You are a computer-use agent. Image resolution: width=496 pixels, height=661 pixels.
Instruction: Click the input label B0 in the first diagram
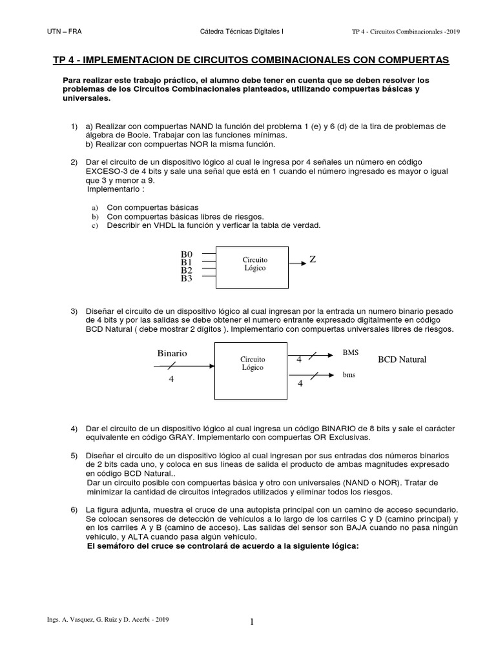coord(187,255)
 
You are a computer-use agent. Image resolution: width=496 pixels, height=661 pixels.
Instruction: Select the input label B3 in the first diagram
coord(187,279)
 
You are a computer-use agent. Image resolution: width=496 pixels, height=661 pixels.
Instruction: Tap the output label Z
coord(313,259)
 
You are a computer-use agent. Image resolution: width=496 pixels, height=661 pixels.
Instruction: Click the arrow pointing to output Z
coord(296,263)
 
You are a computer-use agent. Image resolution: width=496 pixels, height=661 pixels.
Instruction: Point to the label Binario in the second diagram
coord(172,353)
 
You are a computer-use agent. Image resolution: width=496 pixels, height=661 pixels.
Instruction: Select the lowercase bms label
coord(349,374)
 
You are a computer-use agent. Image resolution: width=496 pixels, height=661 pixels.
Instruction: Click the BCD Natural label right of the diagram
coord(402,359)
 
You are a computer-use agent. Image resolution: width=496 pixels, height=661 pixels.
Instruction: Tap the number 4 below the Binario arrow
coord(172,380)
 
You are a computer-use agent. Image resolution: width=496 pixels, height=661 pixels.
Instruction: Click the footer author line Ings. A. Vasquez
coord(108,619)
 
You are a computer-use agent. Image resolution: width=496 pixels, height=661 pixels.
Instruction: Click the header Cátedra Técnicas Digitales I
coord(238,30)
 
